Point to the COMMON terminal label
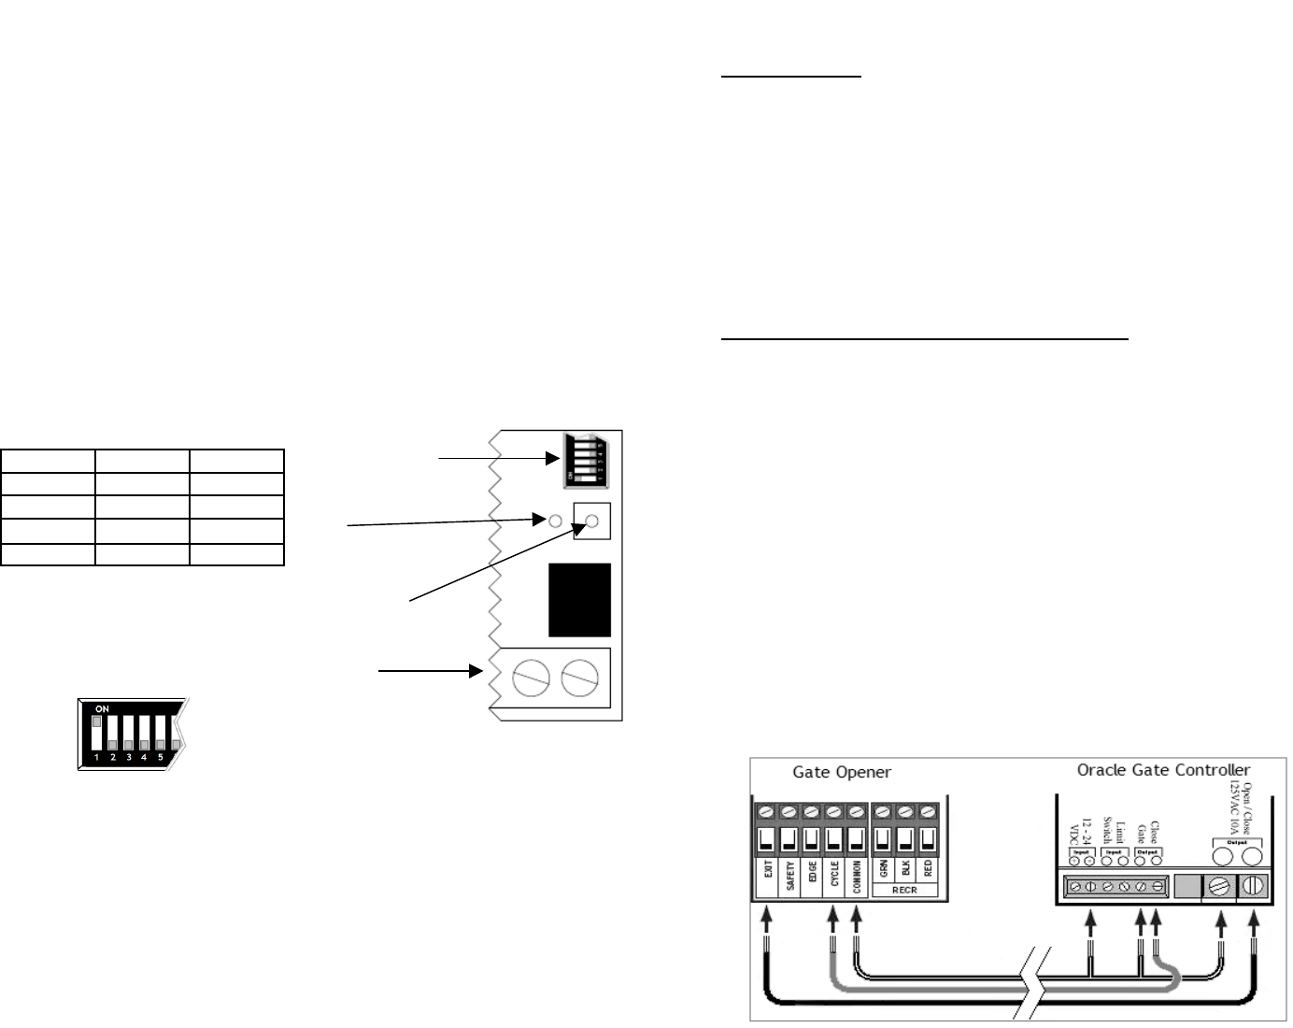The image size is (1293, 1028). [857, 877]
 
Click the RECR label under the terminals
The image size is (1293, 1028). [904, 890]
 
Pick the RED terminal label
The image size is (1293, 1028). [928, 869]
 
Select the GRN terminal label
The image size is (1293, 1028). [883, 869]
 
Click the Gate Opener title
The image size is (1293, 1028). [842, 772]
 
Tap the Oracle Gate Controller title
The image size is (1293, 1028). [1163, 770]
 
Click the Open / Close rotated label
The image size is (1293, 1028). [1242, 808]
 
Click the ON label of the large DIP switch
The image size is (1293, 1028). [102, 709]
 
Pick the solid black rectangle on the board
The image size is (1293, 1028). [579, 600]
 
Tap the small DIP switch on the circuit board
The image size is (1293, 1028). [585, 460]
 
